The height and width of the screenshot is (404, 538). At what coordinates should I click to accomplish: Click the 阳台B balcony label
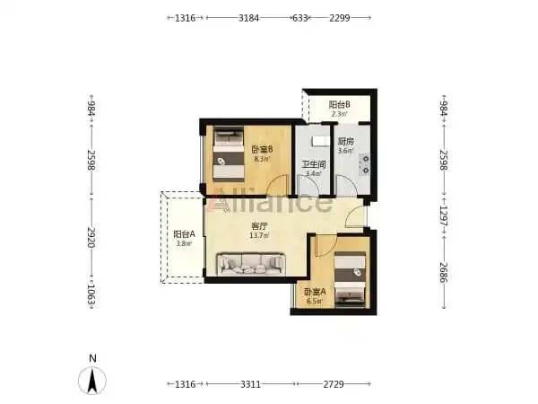coord(339,104)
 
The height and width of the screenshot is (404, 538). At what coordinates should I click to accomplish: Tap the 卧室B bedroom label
coord(262,149)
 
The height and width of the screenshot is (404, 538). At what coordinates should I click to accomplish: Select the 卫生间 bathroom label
coord(314,164)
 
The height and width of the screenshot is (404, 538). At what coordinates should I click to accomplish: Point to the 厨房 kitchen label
coord(346,141)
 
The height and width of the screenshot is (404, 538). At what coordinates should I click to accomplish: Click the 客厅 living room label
coord(259,226)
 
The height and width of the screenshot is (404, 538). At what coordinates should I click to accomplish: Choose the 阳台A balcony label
coord(184,234)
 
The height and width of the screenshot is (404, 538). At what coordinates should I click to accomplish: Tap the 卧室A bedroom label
coord(315,292)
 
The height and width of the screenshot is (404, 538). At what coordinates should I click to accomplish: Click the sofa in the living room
coord(251,264)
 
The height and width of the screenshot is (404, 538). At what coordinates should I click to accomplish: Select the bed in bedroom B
coord(228,154)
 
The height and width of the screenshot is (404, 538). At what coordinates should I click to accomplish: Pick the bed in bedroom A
coord(350,279)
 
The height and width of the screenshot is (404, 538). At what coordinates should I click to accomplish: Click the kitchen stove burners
coord(366,164)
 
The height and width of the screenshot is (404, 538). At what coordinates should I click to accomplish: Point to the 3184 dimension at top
coord(248,18)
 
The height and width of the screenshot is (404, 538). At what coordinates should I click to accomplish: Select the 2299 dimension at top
coord(340,18)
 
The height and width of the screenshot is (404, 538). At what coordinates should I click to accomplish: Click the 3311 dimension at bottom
coord(250,384)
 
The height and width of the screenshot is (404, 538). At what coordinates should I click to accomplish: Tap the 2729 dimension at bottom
coord(334,384)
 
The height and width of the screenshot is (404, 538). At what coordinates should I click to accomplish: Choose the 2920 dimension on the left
coord(91,237)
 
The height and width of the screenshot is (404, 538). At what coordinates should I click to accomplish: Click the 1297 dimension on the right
coord(444,216)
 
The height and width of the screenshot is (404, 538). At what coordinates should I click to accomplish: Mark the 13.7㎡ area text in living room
coord(259,235)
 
